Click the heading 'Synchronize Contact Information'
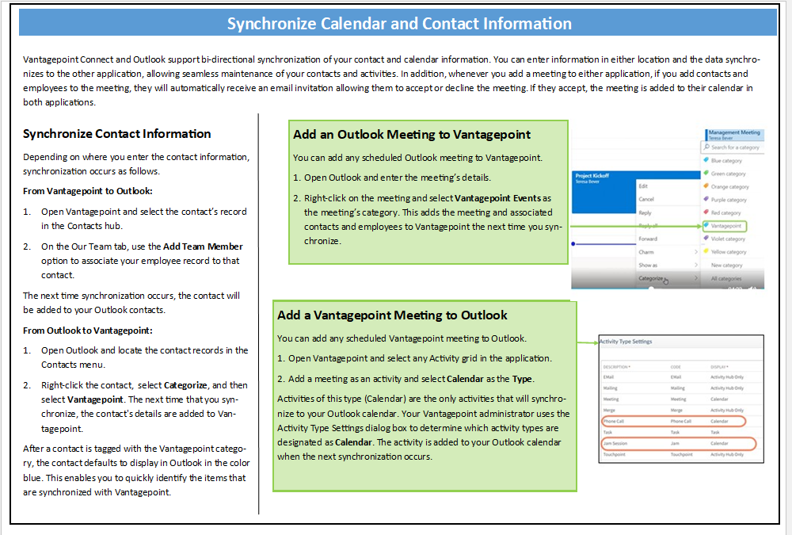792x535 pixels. (x=117, y=134)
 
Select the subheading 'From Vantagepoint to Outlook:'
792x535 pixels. (x=88, y=191)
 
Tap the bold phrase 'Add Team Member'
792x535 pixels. (x=204, y=246)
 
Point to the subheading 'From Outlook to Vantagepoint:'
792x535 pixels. (x=88, y=330)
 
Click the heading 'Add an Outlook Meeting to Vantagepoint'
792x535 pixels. (x=412, y=135)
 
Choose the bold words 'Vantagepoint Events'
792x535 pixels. (x=498, y=198)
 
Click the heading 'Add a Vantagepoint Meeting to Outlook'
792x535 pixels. (x=392, y=315)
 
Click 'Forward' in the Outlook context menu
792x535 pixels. (x=648, y=239)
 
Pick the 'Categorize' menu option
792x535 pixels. (x=651, y=279)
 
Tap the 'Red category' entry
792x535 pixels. (x=725, y=213)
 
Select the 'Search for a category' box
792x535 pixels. (x=734, y=147)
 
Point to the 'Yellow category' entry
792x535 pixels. (x=729, y=252)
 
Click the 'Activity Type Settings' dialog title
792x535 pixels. (x=625, y=342)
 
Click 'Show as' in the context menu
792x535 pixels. (x=648, y=266)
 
